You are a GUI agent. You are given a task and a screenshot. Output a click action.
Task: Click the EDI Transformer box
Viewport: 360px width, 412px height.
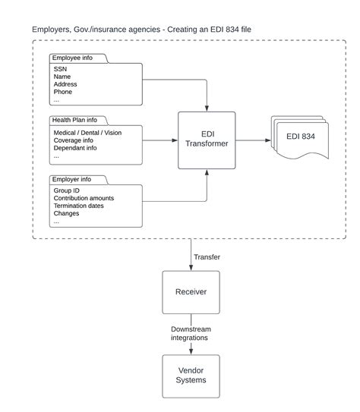(207, 140)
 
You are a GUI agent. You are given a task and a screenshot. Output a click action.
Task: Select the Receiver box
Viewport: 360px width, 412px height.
(191, 292)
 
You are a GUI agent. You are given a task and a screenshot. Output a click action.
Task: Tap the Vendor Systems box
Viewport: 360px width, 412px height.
(191, 376)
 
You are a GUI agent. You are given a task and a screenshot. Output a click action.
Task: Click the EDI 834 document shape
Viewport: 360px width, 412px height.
(303, 137)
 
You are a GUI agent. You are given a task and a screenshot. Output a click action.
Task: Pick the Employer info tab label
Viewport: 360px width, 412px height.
(74, 180)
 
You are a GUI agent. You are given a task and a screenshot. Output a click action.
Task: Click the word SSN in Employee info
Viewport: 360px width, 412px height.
(61, 68)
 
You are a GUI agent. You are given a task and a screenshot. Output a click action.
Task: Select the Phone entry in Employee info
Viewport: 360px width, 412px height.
(63, 93)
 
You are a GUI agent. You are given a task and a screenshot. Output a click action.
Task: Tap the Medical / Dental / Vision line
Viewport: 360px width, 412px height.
(87, 132)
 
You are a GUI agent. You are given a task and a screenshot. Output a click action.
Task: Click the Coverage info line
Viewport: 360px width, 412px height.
(74, 140)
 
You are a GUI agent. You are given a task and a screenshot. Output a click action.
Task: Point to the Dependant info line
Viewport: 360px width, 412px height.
(76, 148)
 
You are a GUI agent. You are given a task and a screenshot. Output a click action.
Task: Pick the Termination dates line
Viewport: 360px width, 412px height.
(79, 206)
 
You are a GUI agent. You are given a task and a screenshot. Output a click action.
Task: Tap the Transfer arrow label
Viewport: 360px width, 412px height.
(207, 257)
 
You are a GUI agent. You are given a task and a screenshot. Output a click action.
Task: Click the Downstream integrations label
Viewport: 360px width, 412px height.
(191, 335)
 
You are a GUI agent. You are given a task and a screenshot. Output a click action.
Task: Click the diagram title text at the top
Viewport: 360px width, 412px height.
(142, 29)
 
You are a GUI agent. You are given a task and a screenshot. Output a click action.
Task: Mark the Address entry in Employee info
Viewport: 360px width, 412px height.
(66, 84)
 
